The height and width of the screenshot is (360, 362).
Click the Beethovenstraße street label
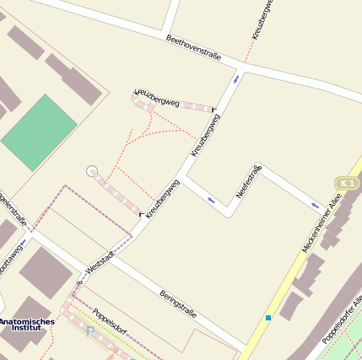(x=193, y=48)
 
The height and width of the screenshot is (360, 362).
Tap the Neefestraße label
(x=249, y=181)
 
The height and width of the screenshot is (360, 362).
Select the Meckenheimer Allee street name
(x=321, y=223)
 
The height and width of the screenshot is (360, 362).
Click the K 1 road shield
(x=347, y=183)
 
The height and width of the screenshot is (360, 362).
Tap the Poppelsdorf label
(x=109, y=321)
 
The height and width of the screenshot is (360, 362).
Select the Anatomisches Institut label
(x=26, y=326)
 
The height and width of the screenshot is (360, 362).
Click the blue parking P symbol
(x=90, y=330)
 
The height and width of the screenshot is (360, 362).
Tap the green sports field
(x=39, y=132)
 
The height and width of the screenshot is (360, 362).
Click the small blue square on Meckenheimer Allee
(x=267, y=317)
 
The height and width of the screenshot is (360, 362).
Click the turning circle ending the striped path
(x=92, y=171)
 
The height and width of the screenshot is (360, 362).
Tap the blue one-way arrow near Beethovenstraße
(x=235, y=78)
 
